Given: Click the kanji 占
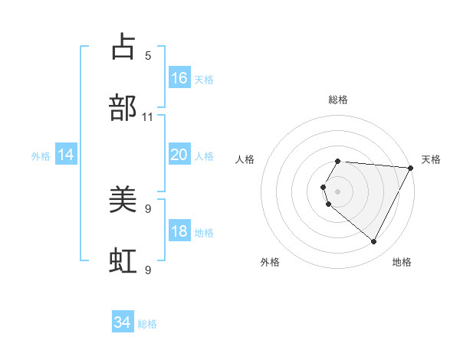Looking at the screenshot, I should [x=123, y=47].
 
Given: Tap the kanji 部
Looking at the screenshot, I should [x=123, y=108].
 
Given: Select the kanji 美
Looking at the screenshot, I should [x=123, y=200].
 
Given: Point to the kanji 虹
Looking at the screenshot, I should [x=123, y=261].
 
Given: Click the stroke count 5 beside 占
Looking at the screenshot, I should [x=148, y=55].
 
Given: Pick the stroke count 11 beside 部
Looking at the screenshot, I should [x=148, y=116].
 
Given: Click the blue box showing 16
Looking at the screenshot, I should [x=179, y=78].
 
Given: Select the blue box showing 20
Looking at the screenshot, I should [x=179, y=155].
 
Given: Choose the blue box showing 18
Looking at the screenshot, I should [x=179, y=231].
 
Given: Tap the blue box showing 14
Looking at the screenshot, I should [x=66, y=155].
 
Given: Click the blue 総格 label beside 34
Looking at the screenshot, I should [x=147, y=324].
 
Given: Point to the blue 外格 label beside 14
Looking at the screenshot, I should [x=41, y=156].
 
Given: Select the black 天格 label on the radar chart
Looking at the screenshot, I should [x=432, y=159].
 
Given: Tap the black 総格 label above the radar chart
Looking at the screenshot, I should [x=338, y=100].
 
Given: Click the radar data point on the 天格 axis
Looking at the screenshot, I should [x=410, y=168].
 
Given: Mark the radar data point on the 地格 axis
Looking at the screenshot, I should [x=374, y=242].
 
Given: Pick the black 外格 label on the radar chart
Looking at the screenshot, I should [x=270, y=262].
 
